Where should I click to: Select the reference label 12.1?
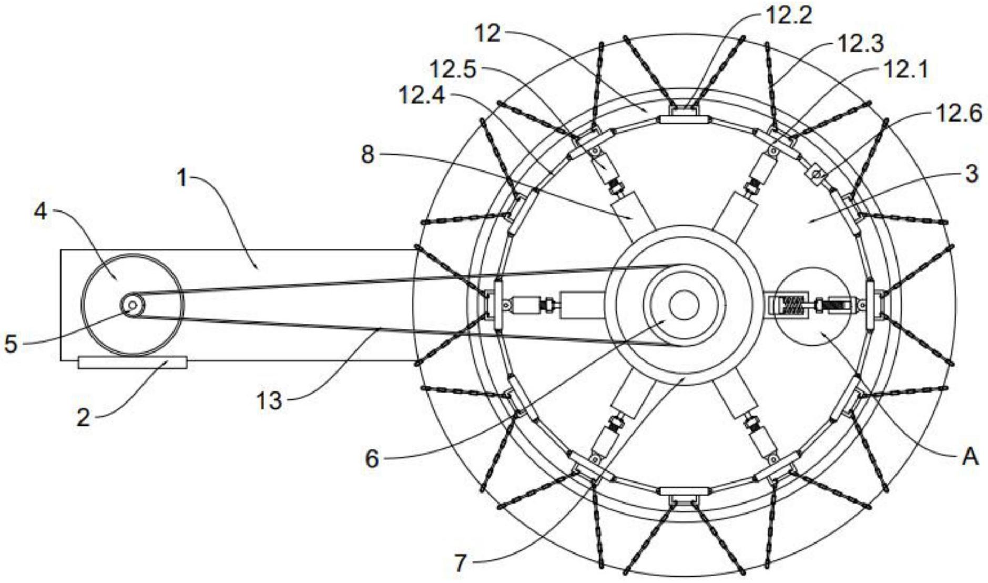[x=905, y=69]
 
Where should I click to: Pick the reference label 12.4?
[x=422, y=95]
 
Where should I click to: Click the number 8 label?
[x=368, y=155]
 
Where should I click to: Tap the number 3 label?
[x=972, y=173]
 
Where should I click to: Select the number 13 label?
[x=269, y=401]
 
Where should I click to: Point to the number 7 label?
[x=460, y=564]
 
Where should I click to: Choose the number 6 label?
[x=372, y=459]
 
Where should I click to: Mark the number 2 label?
[x=83, y=418]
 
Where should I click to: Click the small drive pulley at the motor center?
[x=133, y=305]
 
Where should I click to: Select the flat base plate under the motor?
[x=133, y=363]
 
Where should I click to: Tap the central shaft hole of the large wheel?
[x=684, y=305]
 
